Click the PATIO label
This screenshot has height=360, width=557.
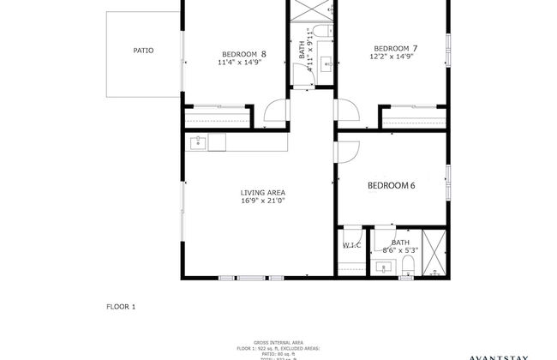click(143, 51)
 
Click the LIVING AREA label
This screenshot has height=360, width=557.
click(263, 192)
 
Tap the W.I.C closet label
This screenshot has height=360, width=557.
click(351, 245)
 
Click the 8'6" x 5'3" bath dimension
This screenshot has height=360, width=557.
click(401, 250)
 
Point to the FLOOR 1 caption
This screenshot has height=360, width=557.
click(121, 306)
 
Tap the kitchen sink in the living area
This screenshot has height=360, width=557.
click(199, 141)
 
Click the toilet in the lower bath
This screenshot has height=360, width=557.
click(409, 273)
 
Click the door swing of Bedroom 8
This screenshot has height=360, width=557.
click(274, 111)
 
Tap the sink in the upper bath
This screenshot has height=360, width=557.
click(326, 63)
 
